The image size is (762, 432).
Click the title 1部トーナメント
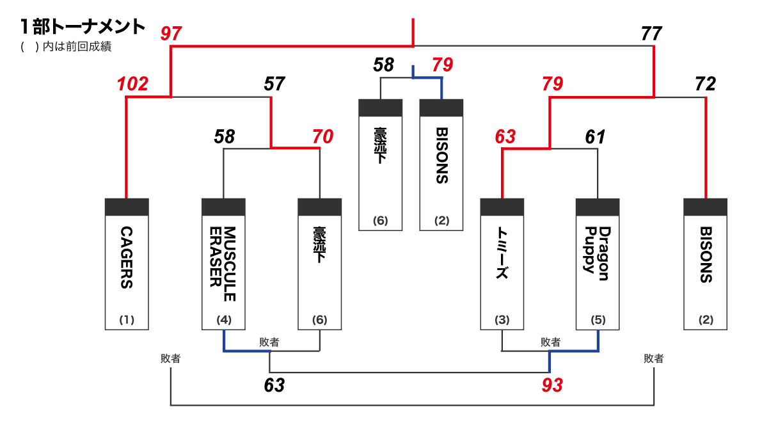pyautogui.click(x=83, y=27)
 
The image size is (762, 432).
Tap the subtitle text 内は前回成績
pyautogui.click(x=77, y=47)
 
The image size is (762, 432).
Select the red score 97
pyautogui.click(x=171, y=33)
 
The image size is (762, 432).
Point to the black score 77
pyautogui.click(x=651, y=33)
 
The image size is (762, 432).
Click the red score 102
pyautogui.click(x=132, y=84)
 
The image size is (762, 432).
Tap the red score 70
pyautogui.click(x=322, y=136)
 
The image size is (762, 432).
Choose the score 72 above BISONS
pyautogui.click(x=706, y=84)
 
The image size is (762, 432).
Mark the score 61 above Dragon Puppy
pyautogui.click(x=595, y=136)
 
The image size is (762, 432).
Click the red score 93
pyautogui.click(x=552, y=385)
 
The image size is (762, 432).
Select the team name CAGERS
pyautogui.click(x=127, y=258)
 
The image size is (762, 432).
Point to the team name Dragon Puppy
pyautogui.click(x=597, y=250)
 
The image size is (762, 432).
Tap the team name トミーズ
pyautogui.click(x=502, y=254)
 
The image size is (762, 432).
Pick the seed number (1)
pyautogui.click(x=127, y=319)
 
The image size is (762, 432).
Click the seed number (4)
pyautogui.click(x=223, y=319)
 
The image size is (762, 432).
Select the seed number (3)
pyautogui.click(x=502, y=319)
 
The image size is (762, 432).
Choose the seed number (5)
pyautogui.click(x=598, y=319)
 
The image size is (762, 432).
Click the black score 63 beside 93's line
pyautogui.click(x=274, y=385)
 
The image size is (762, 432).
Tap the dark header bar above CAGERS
pyautogui.click(x=127, y=207)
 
